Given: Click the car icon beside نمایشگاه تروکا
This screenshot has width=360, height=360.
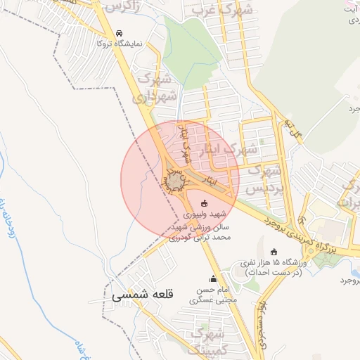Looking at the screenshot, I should (x=120, y=33).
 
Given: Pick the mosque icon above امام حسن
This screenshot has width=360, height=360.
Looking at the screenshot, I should (x=213, y=279).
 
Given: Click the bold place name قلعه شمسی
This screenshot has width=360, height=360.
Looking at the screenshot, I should (x=141, y=297).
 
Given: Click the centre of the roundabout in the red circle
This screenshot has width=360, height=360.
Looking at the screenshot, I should (x=174, y=183).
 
